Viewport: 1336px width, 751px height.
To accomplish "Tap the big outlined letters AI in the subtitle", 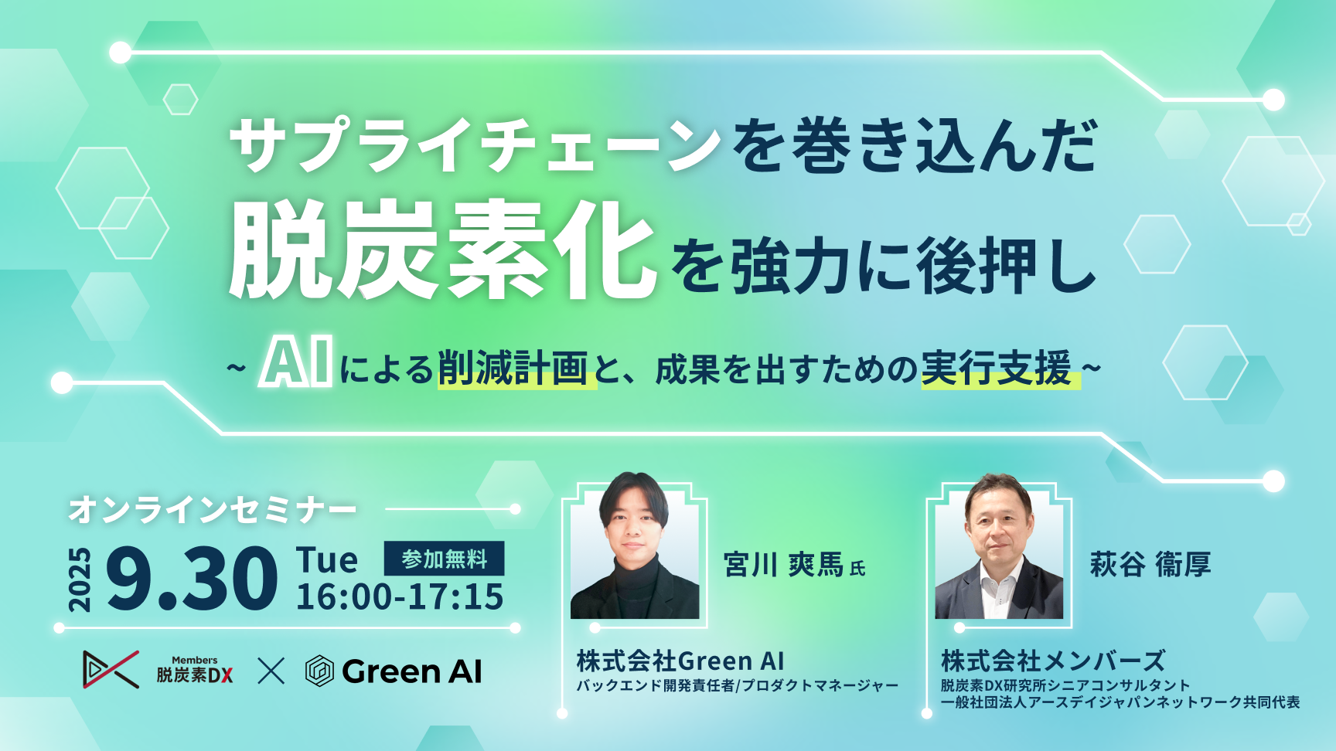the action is (296, 362).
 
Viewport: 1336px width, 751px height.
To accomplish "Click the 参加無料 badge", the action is (444, 559).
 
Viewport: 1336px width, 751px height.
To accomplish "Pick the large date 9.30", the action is (192, 578).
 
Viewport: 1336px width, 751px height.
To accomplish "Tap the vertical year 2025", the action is (80, 579).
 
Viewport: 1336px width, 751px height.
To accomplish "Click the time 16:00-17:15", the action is (400, 597).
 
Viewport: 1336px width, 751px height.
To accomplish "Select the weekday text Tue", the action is (327, 559).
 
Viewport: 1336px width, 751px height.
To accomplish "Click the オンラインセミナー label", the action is (213, 510).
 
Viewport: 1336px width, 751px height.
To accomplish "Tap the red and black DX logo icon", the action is (111, 669).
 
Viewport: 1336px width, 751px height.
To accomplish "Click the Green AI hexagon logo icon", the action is (319, 671).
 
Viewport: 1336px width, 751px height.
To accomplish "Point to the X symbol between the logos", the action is (271, 671).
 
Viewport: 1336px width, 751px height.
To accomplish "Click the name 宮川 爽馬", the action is (783, 565).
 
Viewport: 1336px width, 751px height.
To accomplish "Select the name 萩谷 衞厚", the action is (1150, 565).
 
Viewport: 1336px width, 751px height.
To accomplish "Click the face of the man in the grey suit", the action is (999, 525).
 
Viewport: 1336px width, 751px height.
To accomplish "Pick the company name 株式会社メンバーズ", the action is (1053, 661).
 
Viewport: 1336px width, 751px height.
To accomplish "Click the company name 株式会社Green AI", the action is (680, 661).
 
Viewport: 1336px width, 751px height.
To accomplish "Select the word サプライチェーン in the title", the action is (475, 145).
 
